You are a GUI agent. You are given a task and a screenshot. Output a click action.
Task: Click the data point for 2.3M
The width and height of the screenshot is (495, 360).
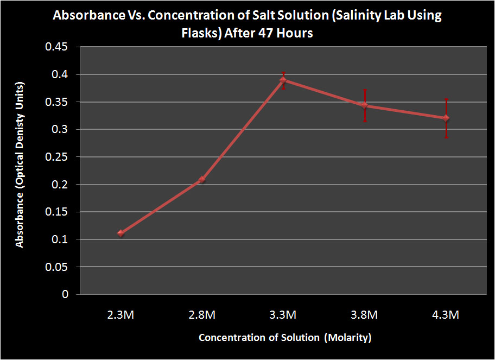point(120,233)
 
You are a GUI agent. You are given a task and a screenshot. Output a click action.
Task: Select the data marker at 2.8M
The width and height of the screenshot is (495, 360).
point(202,179)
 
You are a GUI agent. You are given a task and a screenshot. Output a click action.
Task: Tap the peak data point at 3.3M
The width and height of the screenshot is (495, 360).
point(283,80)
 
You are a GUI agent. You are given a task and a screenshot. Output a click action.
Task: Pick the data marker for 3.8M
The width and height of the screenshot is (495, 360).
point(365,105)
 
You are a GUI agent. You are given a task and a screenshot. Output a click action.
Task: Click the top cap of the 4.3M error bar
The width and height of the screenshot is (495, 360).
point(446,99)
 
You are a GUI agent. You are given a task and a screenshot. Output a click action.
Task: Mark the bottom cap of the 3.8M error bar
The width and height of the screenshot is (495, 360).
point(365,121)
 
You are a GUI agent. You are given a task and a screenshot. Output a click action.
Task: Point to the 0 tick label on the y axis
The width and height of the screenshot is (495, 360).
point(66,294)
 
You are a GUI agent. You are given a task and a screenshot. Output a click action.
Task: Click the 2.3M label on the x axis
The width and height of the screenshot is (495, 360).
point(120,315)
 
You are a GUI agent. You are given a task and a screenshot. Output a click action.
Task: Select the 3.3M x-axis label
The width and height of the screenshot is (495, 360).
point(283,315)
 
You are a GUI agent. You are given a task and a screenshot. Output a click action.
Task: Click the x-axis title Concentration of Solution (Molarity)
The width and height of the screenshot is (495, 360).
point(285,338)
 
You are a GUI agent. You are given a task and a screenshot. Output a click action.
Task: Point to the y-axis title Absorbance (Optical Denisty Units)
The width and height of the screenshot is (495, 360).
point(20,165)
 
